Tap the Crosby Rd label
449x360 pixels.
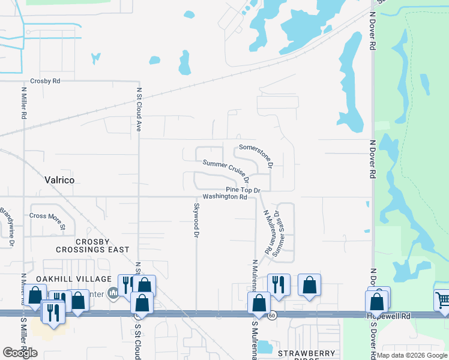[x=46, y=81]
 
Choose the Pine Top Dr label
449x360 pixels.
[x=243, y=190]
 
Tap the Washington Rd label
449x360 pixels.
[x=225, y=197]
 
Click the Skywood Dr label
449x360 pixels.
[x=196, y=220]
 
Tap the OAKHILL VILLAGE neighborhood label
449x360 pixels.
[x=74, y=279]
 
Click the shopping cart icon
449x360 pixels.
[x=442, y=299]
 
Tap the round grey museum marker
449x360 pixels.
[x=113, y=293]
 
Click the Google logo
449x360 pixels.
[x=20, y=353]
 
